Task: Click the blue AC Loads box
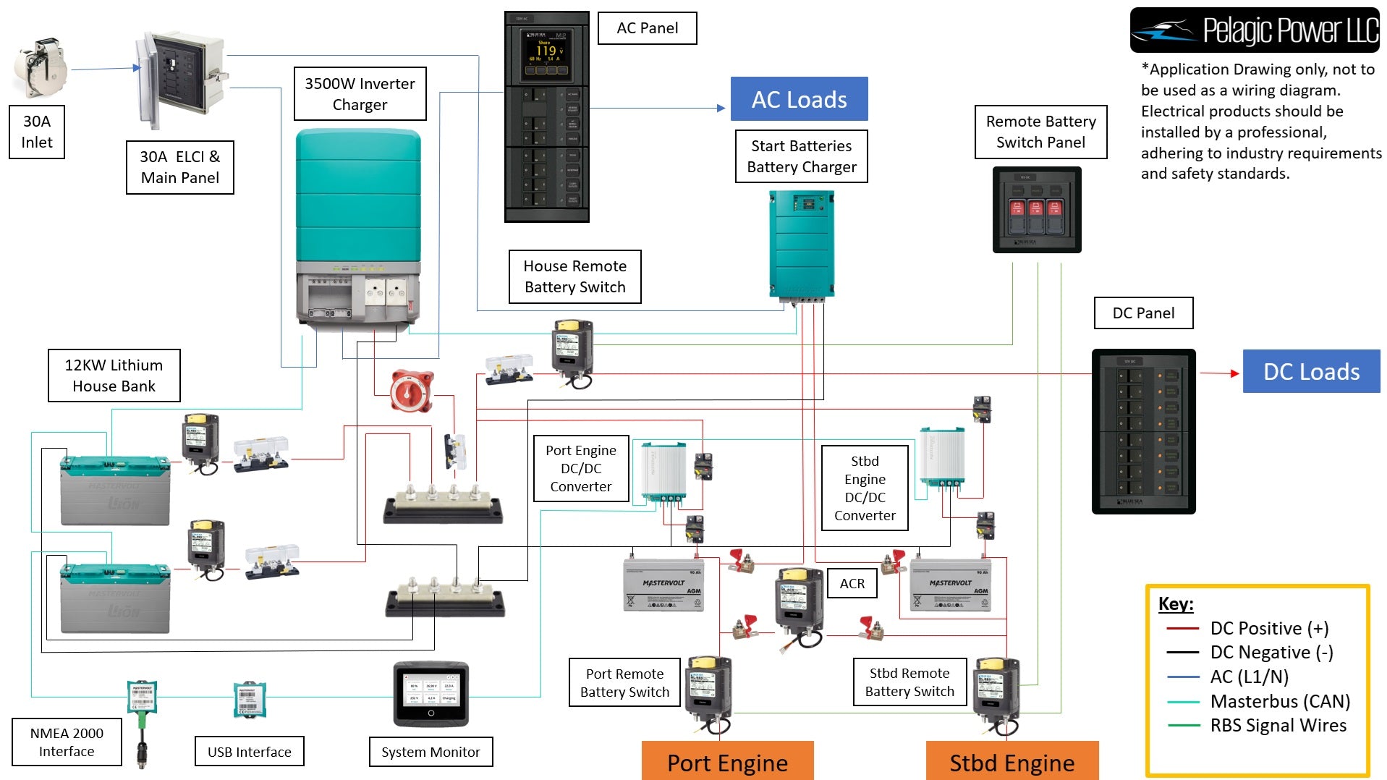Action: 799,99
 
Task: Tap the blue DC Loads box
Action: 1311,371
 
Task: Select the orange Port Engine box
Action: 727,762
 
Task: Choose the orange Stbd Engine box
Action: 1011,762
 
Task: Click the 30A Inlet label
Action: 37,132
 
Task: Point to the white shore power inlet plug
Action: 41,68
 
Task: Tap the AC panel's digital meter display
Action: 546,55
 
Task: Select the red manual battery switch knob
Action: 411,391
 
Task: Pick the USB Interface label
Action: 250,752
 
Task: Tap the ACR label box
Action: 852,583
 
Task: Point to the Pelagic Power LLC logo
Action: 1255,30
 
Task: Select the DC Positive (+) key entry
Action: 1269,628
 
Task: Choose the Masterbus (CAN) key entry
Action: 1279,701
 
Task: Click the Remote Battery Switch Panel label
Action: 1040,132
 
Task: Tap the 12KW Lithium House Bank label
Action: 114,376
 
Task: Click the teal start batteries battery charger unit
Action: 801,243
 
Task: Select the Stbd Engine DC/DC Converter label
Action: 865,488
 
